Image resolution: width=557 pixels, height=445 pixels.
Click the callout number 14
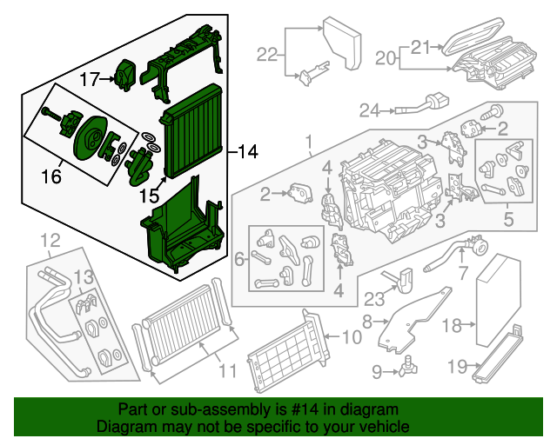[x=248, y=153]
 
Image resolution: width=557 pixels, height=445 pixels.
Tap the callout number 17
[x=91, y=79]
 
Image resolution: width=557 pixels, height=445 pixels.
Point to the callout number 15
[x=150, y=197]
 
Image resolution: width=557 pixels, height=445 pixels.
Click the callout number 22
[x=267, y=55]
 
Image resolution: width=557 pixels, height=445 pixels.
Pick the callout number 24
[x=371, y=110]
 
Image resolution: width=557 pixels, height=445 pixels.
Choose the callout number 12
[x=50, y=239]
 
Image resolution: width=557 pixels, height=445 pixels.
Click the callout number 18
[x=451, y=326]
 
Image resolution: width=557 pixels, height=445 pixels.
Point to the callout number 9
[x=377, y=372]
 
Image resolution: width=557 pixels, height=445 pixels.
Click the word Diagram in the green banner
[x=124, y=428]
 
